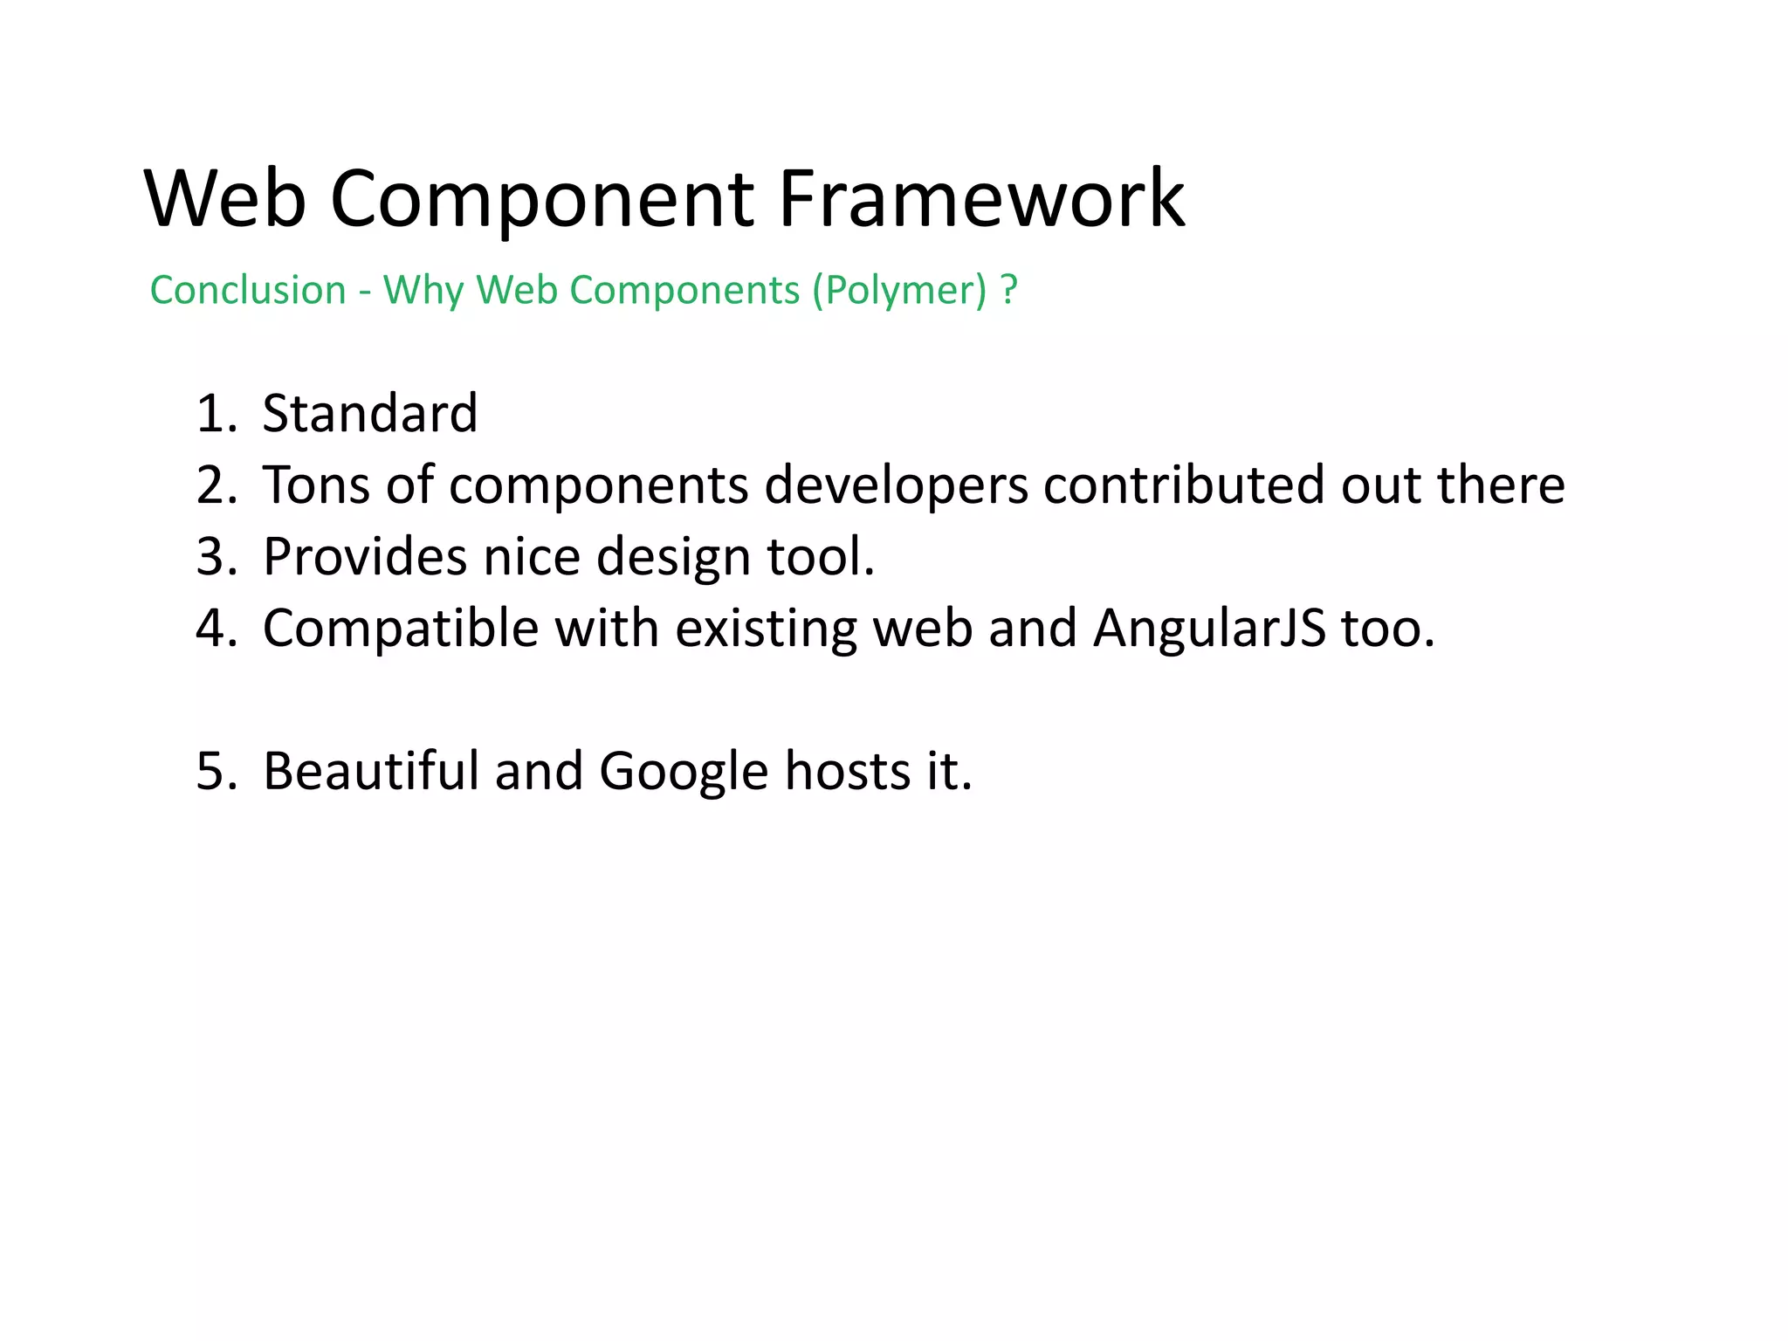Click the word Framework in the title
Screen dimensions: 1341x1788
(980, 199)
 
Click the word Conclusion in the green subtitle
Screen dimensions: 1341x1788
(248, 290)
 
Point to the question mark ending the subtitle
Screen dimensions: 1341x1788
(1009, 290)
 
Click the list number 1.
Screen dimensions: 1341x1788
(215, 414)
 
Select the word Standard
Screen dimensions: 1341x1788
(370, 413)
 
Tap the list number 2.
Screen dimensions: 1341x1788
(216, 485)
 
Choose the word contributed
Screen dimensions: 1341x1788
(1184, 485)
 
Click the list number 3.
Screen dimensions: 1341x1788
(216, 557)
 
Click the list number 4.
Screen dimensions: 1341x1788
(216, 629)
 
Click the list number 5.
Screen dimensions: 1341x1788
(216, 772)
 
